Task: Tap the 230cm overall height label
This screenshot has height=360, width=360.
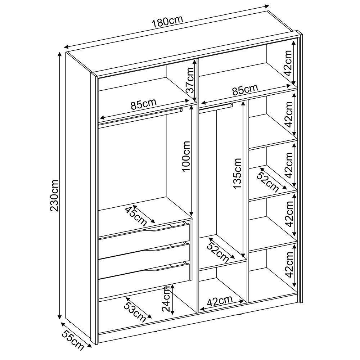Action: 54,195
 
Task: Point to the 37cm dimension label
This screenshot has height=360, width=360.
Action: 190,80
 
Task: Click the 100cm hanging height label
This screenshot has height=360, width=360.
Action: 186,156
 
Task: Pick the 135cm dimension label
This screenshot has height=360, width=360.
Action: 237,174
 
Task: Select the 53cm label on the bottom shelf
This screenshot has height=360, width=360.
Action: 135,310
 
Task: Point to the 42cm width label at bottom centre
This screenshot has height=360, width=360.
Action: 220,301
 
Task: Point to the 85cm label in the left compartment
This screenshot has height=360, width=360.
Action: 144,104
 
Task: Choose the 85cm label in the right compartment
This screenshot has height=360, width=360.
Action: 245,90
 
